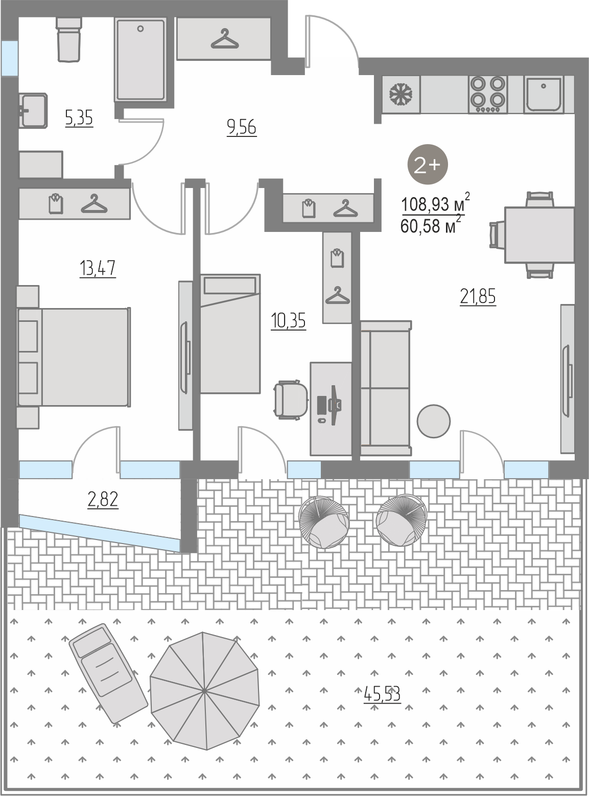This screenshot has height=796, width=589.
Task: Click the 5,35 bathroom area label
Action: coord(79,118)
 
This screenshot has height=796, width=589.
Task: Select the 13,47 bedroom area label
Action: coord(98,268)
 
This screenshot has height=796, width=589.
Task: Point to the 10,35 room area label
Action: coord(288,320)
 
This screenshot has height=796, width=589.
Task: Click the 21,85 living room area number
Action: coord(478,297)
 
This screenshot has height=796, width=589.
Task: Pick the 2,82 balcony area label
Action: coord(103,499)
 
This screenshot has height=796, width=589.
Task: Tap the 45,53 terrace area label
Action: coord(382,694)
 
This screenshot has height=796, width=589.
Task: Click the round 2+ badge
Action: coord(427,165)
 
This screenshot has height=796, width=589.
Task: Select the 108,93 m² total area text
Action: coord(435,203)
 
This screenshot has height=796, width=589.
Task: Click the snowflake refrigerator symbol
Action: coord(399,95)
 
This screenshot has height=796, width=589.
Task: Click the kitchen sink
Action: coord(544,95)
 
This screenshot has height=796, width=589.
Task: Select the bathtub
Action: coord(140,60)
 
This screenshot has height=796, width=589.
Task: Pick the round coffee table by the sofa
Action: coord(434,421)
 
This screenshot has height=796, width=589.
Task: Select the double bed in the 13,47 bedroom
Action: coord(74,357)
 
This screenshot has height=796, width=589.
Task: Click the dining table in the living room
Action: coord(539,235)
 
